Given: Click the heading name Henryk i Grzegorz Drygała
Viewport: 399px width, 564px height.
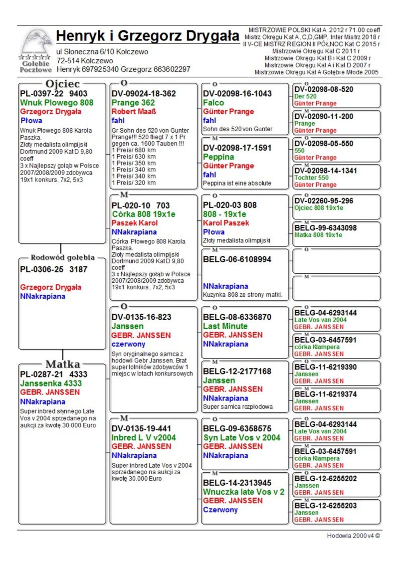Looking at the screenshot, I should [x=148, y=36].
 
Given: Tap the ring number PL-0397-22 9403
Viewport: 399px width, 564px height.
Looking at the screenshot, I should [x=53, y=93].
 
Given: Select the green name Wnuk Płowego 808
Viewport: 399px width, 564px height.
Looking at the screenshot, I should [x=56, y=103].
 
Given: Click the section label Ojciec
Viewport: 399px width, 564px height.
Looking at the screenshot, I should [x=63, y=83].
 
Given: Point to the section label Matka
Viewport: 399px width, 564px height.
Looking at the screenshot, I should [x=63, y=364].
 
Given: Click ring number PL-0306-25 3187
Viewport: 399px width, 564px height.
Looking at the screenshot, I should [x=53, y=270].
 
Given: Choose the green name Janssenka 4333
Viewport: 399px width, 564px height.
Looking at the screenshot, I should [x=51, y=383].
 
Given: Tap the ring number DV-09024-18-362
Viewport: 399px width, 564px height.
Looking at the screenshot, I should [x=144, y=93].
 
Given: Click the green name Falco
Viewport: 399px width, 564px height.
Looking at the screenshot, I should [x=213, y=102].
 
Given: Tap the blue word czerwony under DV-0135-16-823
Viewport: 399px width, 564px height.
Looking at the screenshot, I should [x=128, y=344].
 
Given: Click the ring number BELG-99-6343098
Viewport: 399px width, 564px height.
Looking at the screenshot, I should [x=326, y=228].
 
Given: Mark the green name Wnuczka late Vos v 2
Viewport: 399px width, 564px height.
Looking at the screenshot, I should [x=243, y=492].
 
